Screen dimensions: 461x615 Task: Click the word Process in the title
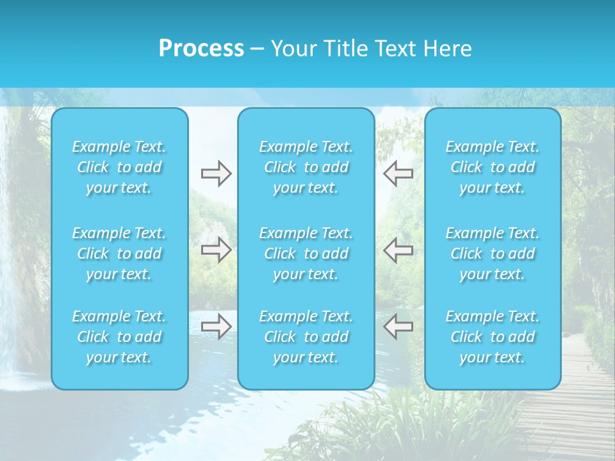(x=201, y=49)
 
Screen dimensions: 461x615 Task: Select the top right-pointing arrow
(x=216, y=174)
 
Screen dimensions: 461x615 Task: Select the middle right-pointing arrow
(x=216, y=250)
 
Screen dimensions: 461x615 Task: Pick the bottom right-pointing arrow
(x=216, y=327)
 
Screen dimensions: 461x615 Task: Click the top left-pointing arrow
(x=398, y=174)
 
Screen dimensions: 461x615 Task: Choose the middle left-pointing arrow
(x=398, y=250)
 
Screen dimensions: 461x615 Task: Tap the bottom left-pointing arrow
(x=398, y=327)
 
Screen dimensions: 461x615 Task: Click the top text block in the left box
(x=119, y=167)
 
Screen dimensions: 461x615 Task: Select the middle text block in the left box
(x=119, y=254)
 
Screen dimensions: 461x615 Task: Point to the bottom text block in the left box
(x=119, y=337)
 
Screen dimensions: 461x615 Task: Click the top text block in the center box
(x=306, y=167)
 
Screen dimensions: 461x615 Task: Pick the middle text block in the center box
(x=306, y=254)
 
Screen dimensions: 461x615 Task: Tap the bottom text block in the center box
(x=306, y=337)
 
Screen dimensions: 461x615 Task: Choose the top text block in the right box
(x=493, y=167)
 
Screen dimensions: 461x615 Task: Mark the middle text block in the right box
(x=493, y=254)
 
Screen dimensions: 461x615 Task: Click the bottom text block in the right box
(x=493, y=337)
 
